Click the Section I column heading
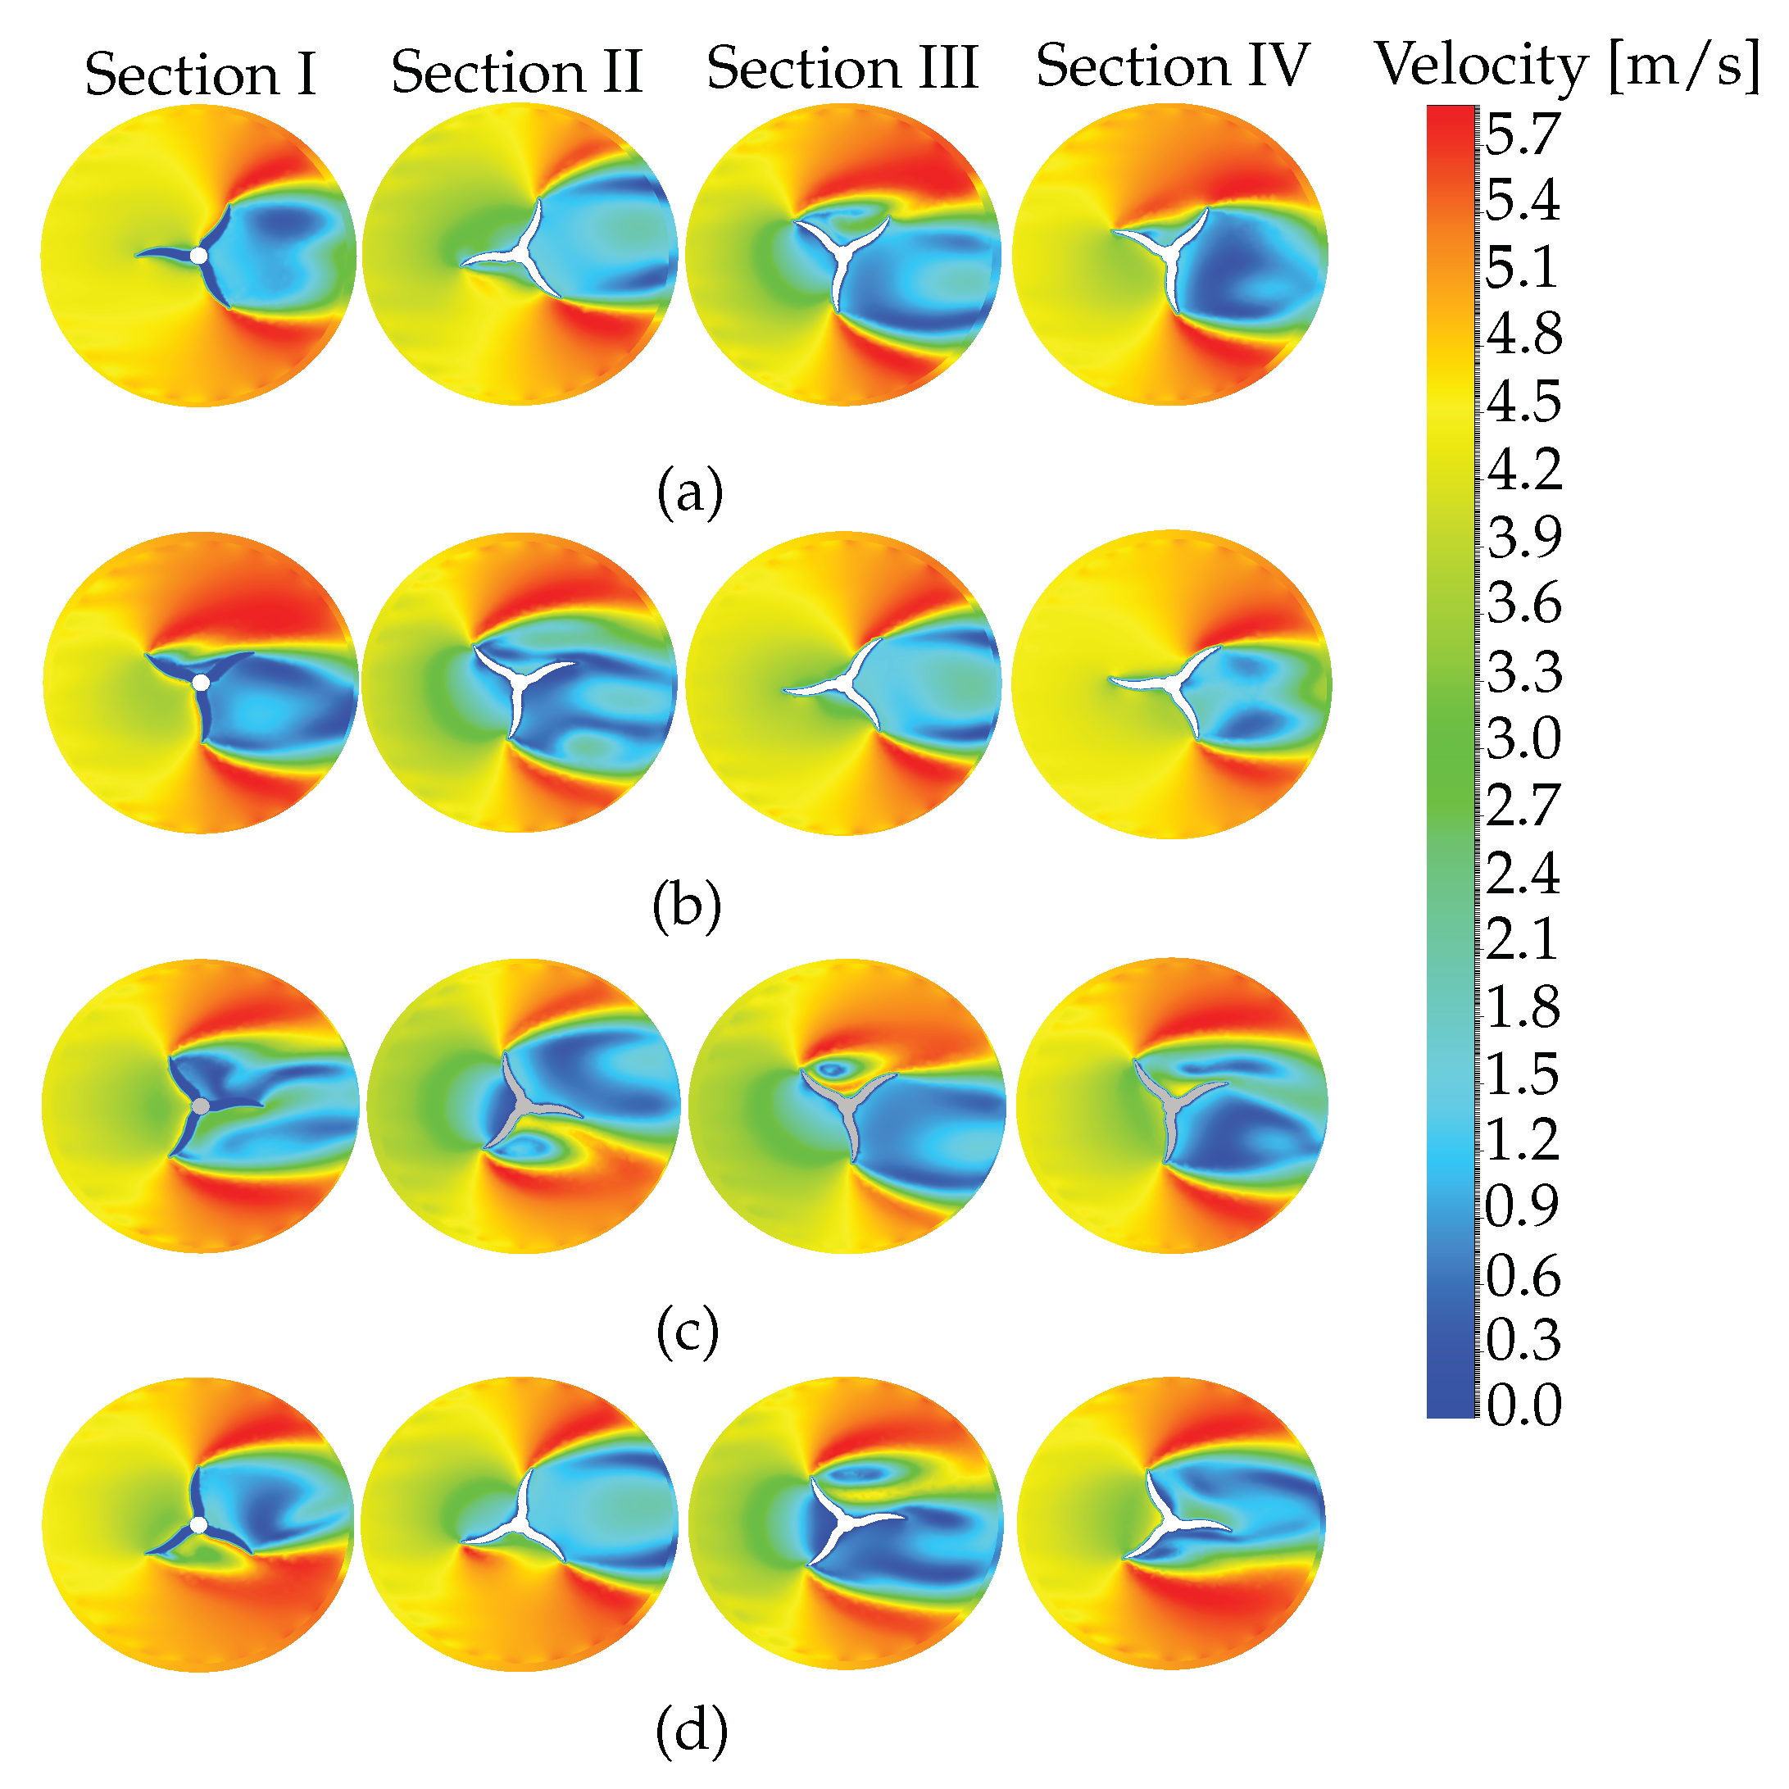click(200, 74)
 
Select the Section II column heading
click(516, 71)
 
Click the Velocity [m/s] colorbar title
click(1567, 66)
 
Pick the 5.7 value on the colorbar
click(1523, 134)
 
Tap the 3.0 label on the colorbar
click(1523, 739)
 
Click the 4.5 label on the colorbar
click(1523, 401)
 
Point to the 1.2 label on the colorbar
click(1523, 1139)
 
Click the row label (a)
click(690, 493)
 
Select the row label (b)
click(687, 906)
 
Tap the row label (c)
click(687, 1333)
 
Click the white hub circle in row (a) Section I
click(198, 256)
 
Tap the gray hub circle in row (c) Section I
click(200, 1106)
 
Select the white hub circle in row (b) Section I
click(201, 683)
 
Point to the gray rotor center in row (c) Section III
click(844, 1106)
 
